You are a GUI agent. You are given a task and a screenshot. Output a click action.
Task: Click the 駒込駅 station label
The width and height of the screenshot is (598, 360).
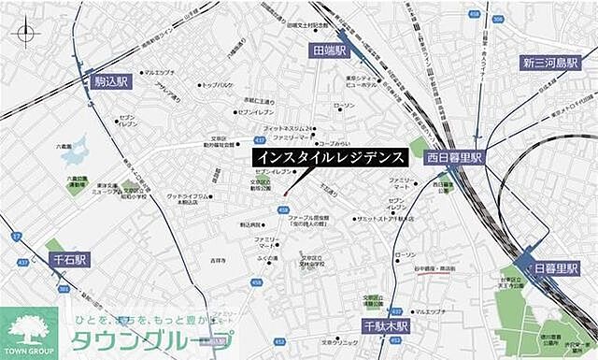(x=111, y=82)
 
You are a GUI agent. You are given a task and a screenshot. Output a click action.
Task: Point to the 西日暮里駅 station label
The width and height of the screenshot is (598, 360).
(x=452, y=158)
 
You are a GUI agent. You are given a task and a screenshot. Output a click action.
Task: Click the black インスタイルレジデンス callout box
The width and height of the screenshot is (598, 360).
(x=330, y=157)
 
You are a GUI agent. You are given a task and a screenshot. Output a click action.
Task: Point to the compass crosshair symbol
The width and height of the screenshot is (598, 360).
(x=25, y=34)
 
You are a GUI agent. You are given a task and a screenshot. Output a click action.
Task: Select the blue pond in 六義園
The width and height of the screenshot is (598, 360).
(x=74, y=149)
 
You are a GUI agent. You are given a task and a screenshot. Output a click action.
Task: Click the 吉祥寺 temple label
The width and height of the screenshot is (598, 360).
(x=218, y=259)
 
